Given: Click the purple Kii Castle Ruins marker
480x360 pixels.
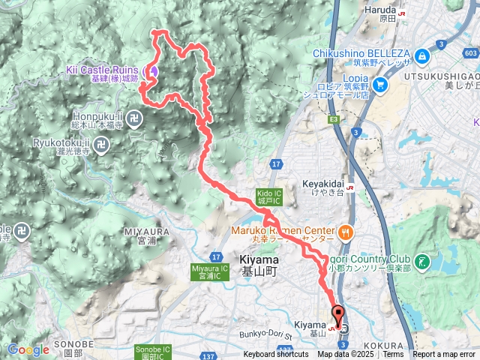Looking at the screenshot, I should point(154,71).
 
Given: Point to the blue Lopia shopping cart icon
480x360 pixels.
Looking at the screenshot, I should point(380,85).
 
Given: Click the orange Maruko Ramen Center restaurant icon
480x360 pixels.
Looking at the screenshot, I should point(345,230).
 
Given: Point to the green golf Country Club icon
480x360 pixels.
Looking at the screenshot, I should point(423,261).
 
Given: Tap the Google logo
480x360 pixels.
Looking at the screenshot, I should point(28,349).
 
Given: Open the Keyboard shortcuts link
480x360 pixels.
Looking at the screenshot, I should point(275,355).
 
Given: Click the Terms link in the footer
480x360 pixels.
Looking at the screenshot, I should point(393,355).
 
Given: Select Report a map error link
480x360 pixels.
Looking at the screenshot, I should point(445,355).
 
